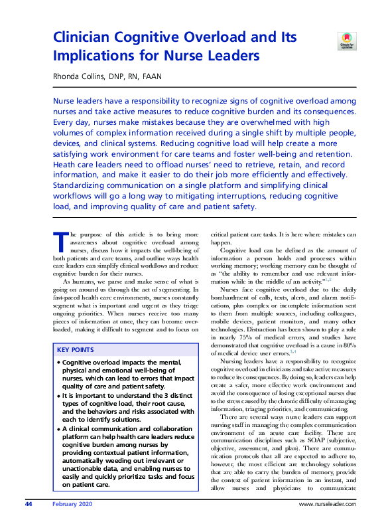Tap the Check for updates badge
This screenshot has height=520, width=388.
[346, 41]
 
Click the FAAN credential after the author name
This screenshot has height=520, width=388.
[151, 76]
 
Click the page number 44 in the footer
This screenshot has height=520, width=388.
[29, 505]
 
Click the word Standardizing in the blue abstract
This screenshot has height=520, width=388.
[80, 185]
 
